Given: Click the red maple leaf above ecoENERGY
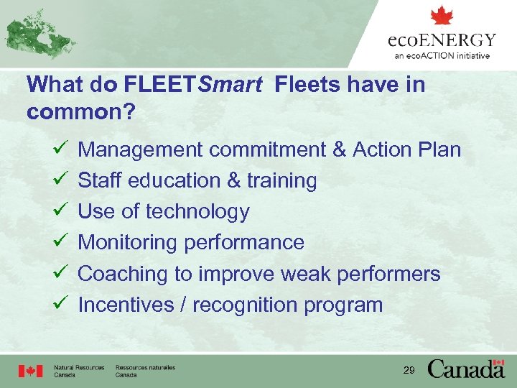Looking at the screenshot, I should click(x=442, y=17).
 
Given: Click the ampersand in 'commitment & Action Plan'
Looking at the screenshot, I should click(x=339, y=149).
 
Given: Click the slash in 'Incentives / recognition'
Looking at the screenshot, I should click(x=183, y=305).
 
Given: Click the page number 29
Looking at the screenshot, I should click(x=409, y=370).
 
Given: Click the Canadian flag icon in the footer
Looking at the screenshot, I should click(x=30, y=371).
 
